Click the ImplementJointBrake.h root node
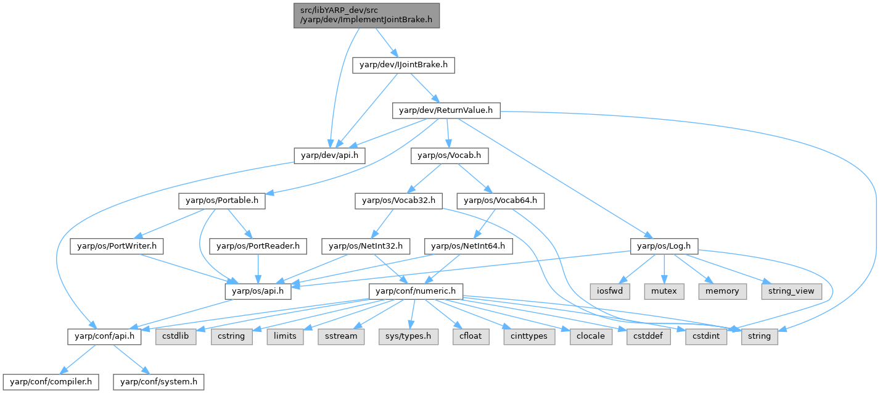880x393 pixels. [x=366, y=15]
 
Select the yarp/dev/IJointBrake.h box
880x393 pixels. [x=403, y=64]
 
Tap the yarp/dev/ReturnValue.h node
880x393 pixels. [x=446, y=110]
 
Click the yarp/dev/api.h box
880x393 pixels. [x=329, y=156]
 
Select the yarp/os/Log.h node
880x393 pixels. [x=663, y=246]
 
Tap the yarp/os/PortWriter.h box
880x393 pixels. [x=117, y=246]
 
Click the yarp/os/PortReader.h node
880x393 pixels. [x=258, y=246]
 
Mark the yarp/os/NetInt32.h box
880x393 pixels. [x=366, y=246]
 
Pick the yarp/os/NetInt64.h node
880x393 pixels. [x=468, y=246]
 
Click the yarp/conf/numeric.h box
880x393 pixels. [x=416, y=290]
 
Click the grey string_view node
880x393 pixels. [x=792, y=290]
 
